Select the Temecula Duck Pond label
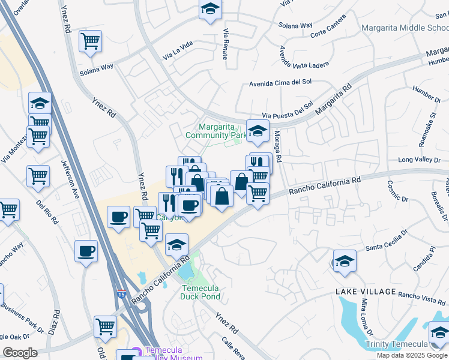(200, 292)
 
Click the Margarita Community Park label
(215, 131)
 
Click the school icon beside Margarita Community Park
(258, 131)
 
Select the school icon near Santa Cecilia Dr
(345, 261)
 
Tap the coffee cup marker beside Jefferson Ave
(86, 250)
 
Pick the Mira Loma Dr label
(363, 319)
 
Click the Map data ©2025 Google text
(412, 355)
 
